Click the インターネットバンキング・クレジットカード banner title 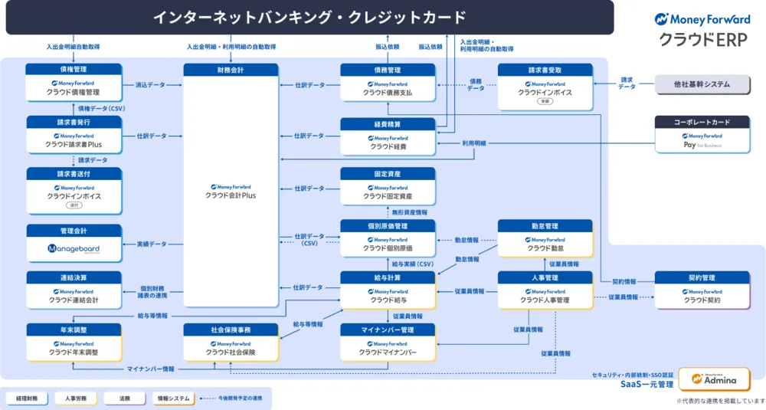point(309,17)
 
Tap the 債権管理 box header point(74,69)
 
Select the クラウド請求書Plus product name point(74,144)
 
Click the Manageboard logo point(74,248)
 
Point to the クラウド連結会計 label point(74,300)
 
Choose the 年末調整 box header point(74,329)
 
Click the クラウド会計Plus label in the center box point(231,195)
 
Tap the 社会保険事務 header point(231,329)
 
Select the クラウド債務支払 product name point(388,92)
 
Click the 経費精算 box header point(388,123)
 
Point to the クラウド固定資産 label point(388,196)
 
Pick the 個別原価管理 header point(388,226)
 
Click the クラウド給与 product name point(388,300)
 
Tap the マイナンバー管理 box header point(388,329)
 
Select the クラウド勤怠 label point(545,248)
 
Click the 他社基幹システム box point(702,84)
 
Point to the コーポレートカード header point(702,121)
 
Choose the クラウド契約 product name point(702,300)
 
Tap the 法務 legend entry point(123,399)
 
